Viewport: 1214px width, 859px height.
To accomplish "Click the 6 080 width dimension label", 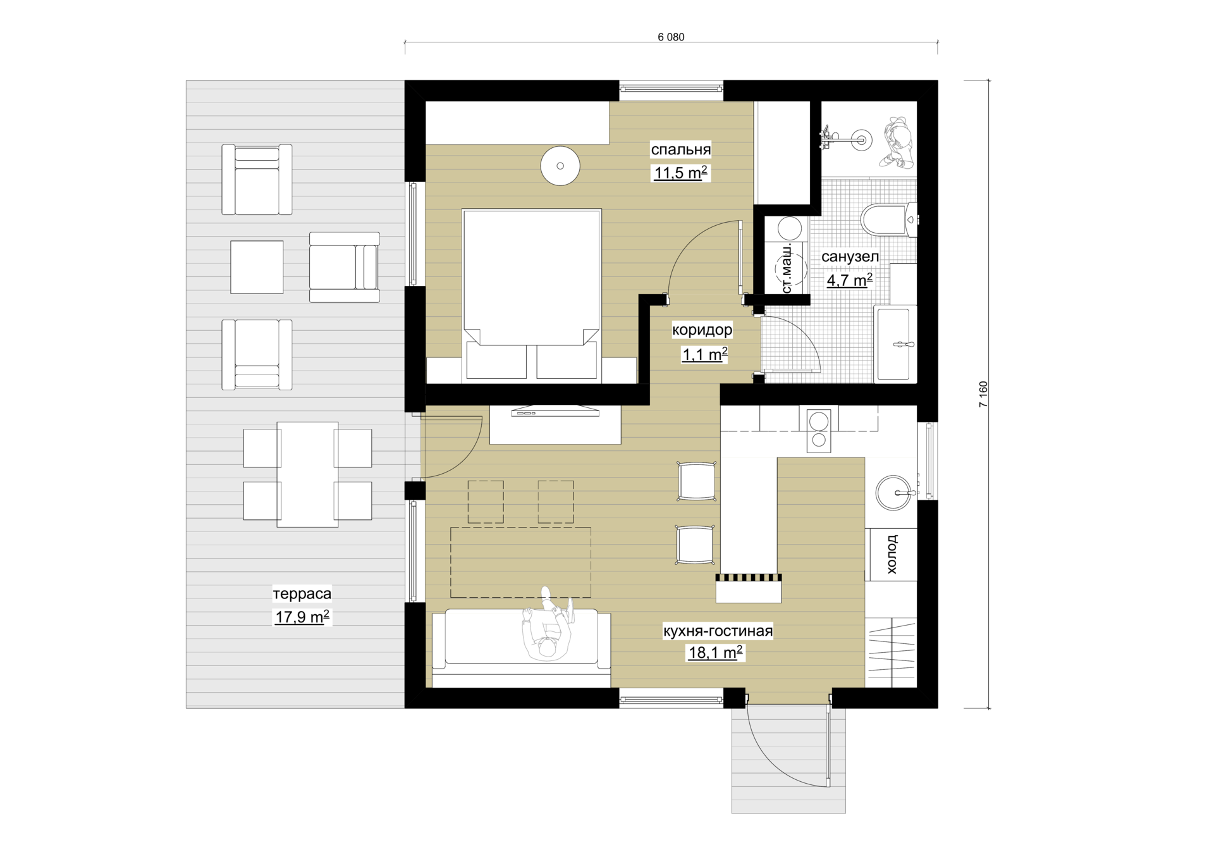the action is click(x=671, y=37).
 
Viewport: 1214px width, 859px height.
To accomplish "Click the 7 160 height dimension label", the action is click(x=983, y=394).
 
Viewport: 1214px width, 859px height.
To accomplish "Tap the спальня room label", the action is click(x=681, y=150).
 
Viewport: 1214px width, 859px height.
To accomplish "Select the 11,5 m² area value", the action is click(x=680, y=173).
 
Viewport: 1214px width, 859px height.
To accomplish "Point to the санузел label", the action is click(x=850, y=257).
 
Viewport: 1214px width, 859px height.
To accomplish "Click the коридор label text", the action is click(x=702, y=330).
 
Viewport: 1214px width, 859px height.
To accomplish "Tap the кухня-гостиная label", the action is click(x=718, y=631).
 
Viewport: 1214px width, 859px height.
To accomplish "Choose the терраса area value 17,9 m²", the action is click(x=302, y=617).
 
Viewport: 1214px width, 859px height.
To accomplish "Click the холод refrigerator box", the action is click(x=891, y=554).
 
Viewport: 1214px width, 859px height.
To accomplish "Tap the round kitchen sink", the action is click(x=894, y=493).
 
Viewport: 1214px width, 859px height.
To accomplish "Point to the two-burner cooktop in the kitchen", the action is click(x=819, y=429).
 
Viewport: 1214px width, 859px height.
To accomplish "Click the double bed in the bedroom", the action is click(x=531, y=295).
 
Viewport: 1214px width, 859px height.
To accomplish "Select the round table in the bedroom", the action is click(x=560, y=166).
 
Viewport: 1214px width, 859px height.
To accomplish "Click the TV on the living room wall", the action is click(x=555, y=411).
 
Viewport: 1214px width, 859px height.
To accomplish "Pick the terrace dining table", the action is click(x=308, y=474).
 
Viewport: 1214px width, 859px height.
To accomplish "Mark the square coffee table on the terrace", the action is click(x=257, y=267).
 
